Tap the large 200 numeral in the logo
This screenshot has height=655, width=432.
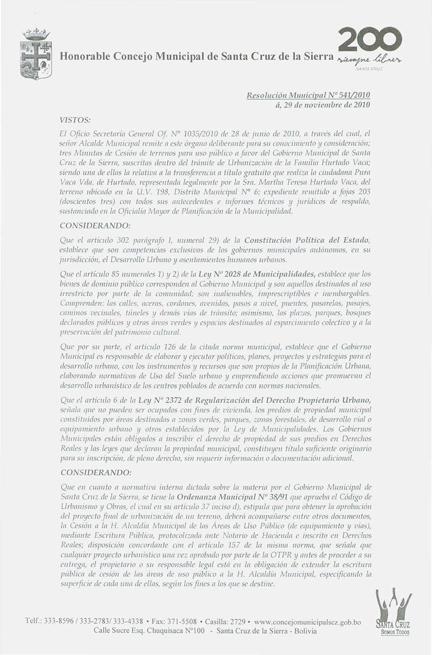pos(369,40)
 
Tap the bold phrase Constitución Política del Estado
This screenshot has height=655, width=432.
pos(307,239)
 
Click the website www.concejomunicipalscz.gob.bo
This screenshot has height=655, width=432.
pos(307,622)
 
